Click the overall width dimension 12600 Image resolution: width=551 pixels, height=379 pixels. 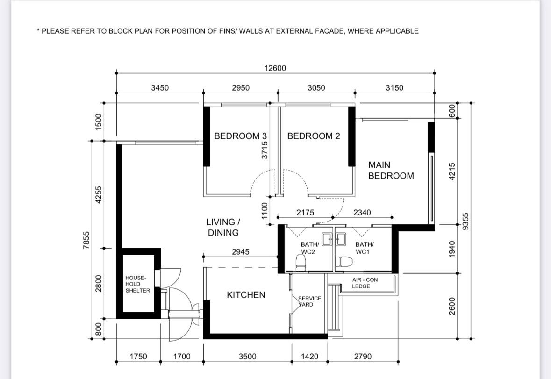coord(275,68)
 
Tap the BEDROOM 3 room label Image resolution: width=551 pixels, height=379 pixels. coord(237,136)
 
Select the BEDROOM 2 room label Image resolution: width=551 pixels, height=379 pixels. coord(314,136)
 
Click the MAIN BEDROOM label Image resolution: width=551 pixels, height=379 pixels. coord(391,171)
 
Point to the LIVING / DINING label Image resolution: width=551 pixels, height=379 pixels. coord(223,227)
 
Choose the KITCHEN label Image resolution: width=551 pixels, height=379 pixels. coord(246,295)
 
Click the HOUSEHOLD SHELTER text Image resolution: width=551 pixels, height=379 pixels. coord(137,284)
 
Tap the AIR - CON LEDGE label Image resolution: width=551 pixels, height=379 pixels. coord(365,283)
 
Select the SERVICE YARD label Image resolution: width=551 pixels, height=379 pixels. coord(309,301)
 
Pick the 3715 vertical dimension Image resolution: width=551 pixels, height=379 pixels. coord(265,151)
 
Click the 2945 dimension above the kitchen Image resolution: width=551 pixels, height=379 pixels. coord(240,252)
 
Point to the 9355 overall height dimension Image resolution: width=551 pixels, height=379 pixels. coord(465,221)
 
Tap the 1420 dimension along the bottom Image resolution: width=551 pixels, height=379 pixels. coord(309,357)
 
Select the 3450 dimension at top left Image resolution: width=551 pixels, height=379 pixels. coord(160,88)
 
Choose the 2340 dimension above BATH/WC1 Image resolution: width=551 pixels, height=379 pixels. coord(362,213)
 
